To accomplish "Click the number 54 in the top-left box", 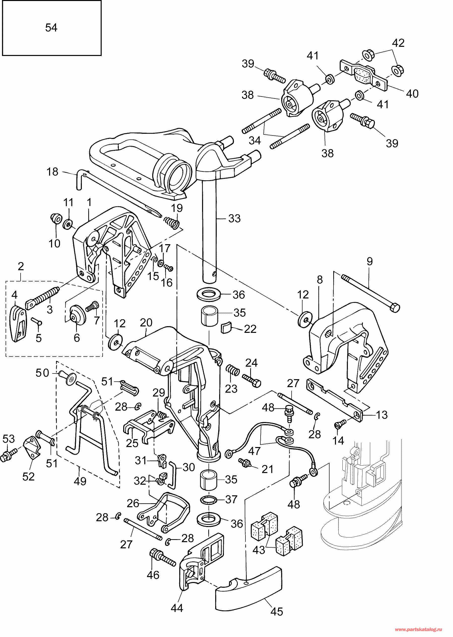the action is tap(51, 27).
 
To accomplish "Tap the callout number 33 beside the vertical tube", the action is tap(234, 218).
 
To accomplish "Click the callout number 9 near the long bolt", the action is tap(370, 261).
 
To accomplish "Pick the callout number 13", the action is tap(382, 415).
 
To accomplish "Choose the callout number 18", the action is tap(53, 172).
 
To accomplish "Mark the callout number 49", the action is tap(80, 481).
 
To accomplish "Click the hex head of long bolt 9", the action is tap(395, 308).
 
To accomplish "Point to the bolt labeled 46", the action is tap(163, 557).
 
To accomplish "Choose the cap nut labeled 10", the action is tap(56, 218).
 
